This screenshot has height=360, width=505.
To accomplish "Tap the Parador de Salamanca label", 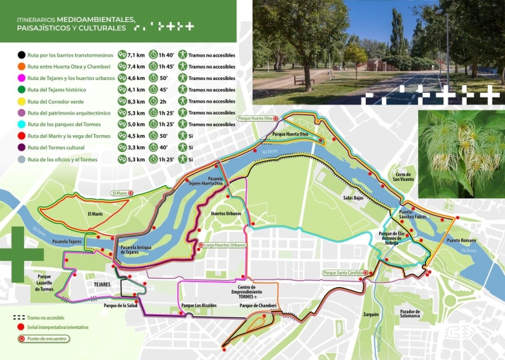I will click(410, 313).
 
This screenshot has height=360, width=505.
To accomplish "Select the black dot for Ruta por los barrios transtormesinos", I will click(23, 54).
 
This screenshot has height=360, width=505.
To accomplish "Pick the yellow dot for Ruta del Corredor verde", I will click(23, 101).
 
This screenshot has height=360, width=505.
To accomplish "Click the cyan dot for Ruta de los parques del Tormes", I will click(23, 124).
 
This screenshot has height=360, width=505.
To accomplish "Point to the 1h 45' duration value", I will click(167, 66).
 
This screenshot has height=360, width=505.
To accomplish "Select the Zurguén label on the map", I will click(371, 313).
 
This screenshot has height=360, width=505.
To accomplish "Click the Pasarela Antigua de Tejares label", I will click(136, 250).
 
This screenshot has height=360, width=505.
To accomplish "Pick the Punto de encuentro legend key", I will click(42, 339).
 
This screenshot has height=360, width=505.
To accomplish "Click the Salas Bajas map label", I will click(354, 198).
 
